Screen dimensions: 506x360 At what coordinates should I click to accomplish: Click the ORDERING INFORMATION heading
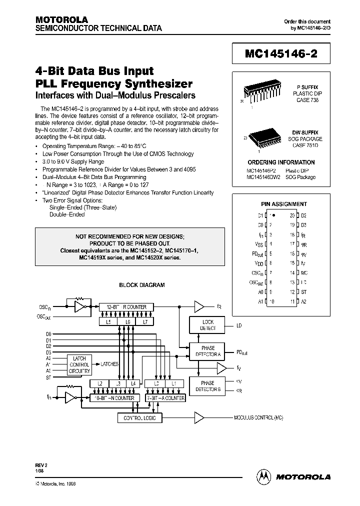coord(281,162)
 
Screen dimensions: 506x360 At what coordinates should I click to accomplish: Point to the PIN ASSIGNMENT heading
coord(284,204)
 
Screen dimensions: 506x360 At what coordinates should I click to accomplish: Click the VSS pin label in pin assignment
coord(259,244)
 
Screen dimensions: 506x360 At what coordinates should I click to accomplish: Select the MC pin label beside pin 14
coord(304,272)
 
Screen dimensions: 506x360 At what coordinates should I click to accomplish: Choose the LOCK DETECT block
coord(208,325)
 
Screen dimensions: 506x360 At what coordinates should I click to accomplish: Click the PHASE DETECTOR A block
coord(207,351)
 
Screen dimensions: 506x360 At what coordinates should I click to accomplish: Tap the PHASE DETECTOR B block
coord(207,386)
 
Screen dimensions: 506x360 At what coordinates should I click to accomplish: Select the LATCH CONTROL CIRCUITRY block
coord(79,365)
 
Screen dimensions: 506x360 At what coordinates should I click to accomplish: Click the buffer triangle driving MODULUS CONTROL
coord(199,417)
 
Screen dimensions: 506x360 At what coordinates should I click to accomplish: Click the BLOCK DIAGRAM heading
coord(141,285)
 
